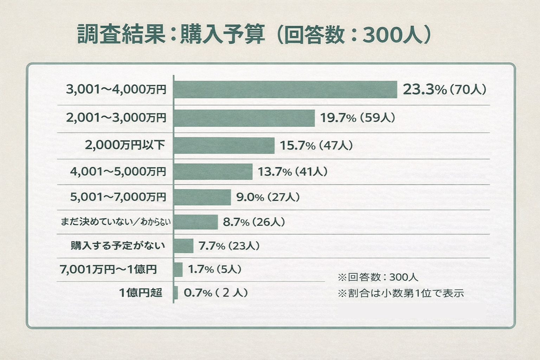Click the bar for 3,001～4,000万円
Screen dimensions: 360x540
click(x=285, y=90)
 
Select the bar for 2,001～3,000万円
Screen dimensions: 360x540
click(x=244, y=118)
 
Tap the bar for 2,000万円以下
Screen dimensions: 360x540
click(x=224, y=145)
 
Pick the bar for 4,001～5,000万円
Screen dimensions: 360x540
click(x=213, y=172)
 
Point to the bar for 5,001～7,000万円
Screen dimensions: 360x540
click(x=202, y=197)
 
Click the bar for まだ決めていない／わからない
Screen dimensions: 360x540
click(x=196, y=222)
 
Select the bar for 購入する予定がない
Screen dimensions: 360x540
click(x=184, y=246)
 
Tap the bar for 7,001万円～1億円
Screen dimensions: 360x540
click(x=178, y=270)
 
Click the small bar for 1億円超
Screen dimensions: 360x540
click(x=176, y=292)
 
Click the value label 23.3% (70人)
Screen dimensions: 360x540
click(x=444, y=90)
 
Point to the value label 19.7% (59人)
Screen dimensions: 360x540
click(x=358, y=118)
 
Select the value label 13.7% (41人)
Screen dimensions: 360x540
click(x=293, y=172)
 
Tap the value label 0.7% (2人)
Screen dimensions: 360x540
click(x=216, y=292)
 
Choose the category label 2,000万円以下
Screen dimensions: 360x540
click(x=125, y=145)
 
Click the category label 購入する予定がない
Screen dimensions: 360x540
click(x=118, y=245)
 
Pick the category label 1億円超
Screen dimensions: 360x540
click(x=141, y=292)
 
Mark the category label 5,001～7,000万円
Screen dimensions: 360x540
click(x=118, y=197)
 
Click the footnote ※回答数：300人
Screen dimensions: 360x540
click(x=378, y=277)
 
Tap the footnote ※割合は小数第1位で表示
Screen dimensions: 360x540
click(x=401, y=293)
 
